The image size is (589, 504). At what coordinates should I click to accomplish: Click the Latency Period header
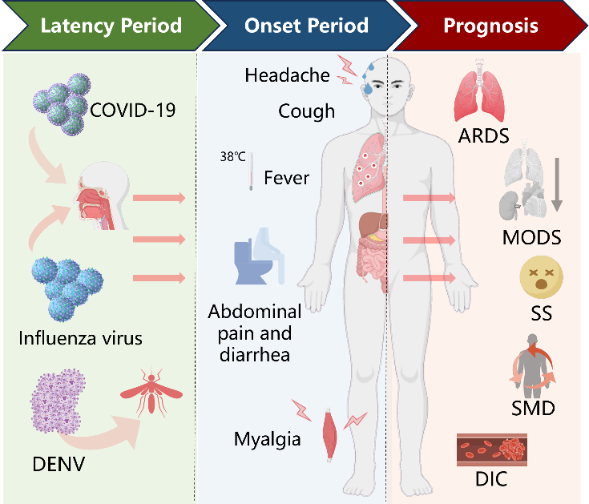click(111, 26)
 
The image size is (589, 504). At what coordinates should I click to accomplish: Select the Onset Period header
click(306, 26)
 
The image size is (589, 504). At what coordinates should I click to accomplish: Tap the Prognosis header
click(490, 26)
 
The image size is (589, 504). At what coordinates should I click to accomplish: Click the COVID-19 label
click(132, 110)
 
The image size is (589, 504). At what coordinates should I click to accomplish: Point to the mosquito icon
click(151, 393)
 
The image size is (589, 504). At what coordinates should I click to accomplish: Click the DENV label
click(58, 464)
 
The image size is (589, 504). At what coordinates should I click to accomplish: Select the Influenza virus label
click(80, 338)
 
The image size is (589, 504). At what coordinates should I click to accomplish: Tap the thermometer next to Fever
click(251, 171)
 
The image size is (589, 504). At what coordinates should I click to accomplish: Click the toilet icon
click(259, 256)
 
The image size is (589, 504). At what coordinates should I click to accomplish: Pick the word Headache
click(288, 75)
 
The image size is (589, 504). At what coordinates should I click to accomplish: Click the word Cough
click(306, 111)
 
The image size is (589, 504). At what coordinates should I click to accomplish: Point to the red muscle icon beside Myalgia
click(330, 433)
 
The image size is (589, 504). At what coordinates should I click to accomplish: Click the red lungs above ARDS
click(479, 91)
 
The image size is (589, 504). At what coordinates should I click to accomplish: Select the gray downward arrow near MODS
click(557, 184)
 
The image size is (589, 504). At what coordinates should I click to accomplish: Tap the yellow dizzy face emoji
click(541, 277)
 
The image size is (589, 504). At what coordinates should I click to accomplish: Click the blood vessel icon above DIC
click(492, 450)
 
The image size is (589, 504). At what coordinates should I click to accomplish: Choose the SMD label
click(533, 408)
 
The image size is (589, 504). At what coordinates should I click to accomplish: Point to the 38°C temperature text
click(232, 156)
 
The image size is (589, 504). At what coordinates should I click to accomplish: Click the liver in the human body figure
click(373, 224)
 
